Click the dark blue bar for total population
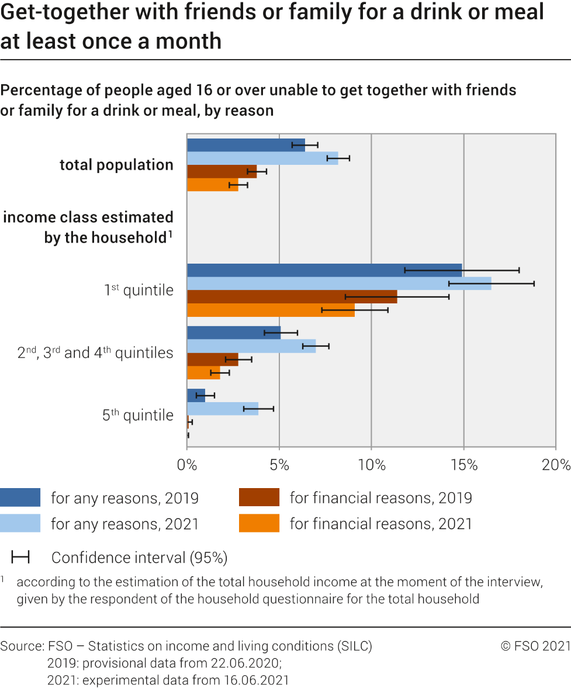point(246,145)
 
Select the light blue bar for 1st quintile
point(339,284)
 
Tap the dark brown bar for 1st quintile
point(292,296)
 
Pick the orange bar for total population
point(213,185)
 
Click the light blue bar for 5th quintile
point(223,409)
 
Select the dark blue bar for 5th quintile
point(196,395)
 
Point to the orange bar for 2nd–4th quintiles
point(203,372)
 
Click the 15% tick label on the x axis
point(464,465)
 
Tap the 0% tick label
point(187,465)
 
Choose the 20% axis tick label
point(556,465)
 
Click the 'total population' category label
point(117,165)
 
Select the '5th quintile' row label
point(138,414)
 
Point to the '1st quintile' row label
point(139,290)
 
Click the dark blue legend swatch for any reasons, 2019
point(20,497)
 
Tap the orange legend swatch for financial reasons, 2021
point(259,523)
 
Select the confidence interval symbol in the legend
point(20,558)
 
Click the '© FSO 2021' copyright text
point(535,646)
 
